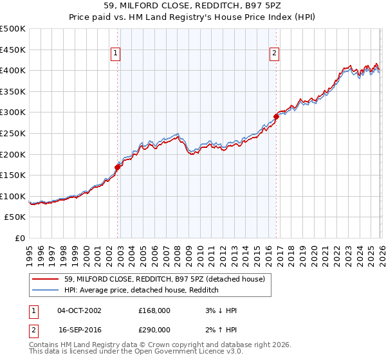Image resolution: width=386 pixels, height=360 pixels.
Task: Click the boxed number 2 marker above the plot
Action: [x=275, y=54]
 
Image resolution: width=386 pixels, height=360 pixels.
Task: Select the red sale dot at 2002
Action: [x=117, y=167]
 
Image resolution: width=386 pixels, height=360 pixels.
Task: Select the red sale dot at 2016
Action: [x=276, y=116]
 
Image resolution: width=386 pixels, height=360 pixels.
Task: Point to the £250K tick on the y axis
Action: [x=14, y=134]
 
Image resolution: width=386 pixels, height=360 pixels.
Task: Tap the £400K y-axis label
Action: [x=14, y=71]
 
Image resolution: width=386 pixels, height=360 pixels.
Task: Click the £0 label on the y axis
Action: [x=21, y=239]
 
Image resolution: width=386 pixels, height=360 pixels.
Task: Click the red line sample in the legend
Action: [x=46, y=279]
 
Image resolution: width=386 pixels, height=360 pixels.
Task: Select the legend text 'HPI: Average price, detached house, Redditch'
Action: [x=142, y=291]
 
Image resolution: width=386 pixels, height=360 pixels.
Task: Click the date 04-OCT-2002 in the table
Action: [x=79, y=310]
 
